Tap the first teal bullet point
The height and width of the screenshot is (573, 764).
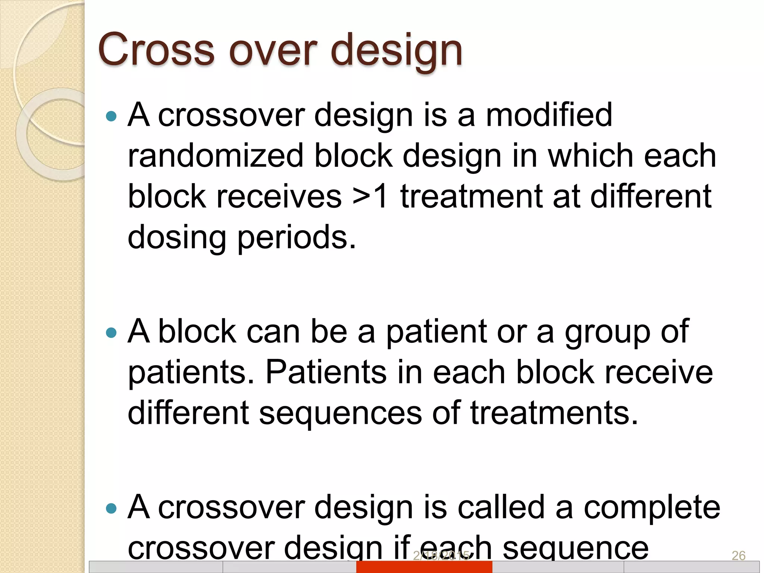(111, 116)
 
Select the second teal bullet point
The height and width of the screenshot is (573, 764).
(111, 332)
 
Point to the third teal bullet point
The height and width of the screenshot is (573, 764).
(111, 508)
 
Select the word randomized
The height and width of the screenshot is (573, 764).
(215, 156)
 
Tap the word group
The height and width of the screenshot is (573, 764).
(607, 333)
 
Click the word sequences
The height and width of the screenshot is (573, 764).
(340, 413)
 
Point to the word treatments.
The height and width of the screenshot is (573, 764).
(554, 413)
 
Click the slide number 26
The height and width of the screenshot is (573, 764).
(738, 556)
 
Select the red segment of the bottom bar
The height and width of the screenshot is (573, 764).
(424, 567)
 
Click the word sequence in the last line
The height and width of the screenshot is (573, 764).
(576, 548)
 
